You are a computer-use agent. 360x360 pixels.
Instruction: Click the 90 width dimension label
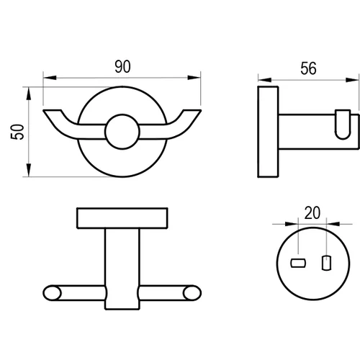point(122,66)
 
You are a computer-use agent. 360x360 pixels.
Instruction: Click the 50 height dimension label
point(17,132)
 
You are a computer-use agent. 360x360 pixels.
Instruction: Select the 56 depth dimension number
point(308,68)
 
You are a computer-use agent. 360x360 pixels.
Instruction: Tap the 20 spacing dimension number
point(312,212)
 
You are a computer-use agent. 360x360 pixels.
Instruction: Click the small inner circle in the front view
point(122,132)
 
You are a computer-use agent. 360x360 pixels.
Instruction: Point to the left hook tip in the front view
point(53,111)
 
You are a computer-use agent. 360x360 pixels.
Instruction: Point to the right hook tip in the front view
point(192,111)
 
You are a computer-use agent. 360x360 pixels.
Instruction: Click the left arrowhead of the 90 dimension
point(50,78)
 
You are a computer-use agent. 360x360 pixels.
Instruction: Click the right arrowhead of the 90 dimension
point(194,78)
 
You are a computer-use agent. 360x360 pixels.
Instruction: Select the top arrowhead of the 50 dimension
point(29,94)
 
